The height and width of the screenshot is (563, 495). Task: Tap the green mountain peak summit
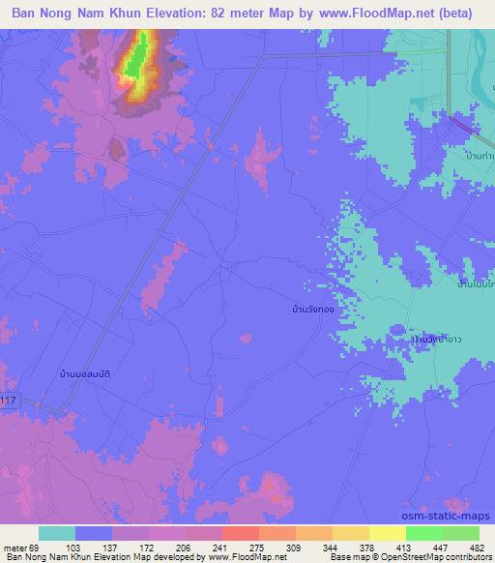point(140,53)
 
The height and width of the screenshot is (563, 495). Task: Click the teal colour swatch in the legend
point(57,534)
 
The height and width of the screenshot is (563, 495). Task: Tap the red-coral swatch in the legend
point(240,534)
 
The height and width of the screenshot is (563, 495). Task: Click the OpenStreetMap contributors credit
point(432,557)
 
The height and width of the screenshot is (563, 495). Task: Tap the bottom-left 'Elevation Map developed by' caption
point(106,557)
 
